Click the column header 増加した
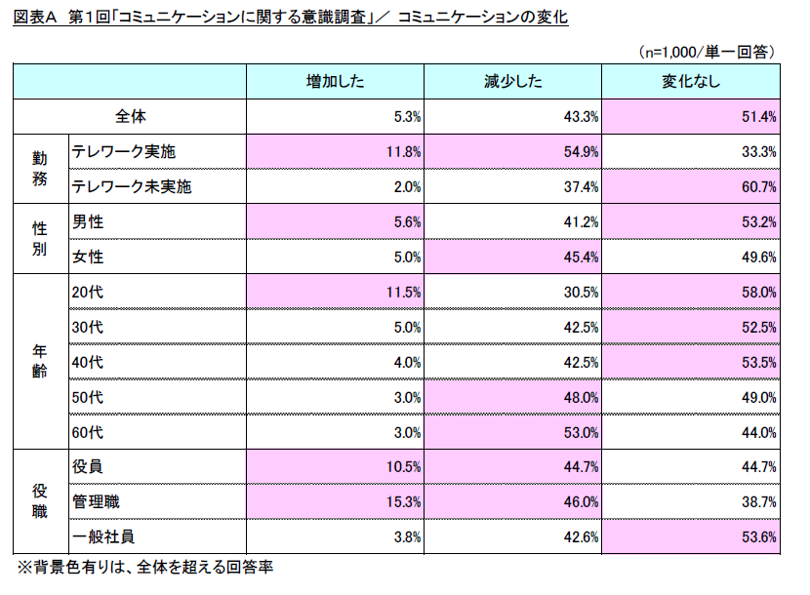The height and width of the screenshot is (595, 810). (335, 82)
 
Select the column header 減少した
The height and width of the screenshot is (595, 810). (512, 82)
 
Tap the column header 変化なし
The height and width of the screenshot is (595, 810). (691, 82)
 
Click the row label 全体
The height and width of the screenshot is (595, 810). (130, 116)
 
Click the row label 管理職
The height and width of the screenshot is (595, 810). (95, 501)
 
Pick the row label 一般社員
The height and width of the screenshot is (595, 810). (102, 536)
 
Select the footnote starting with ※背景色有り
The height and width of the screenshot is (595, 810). (143, 567)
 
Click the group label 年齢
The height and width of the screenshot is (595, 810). (39, 362)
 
